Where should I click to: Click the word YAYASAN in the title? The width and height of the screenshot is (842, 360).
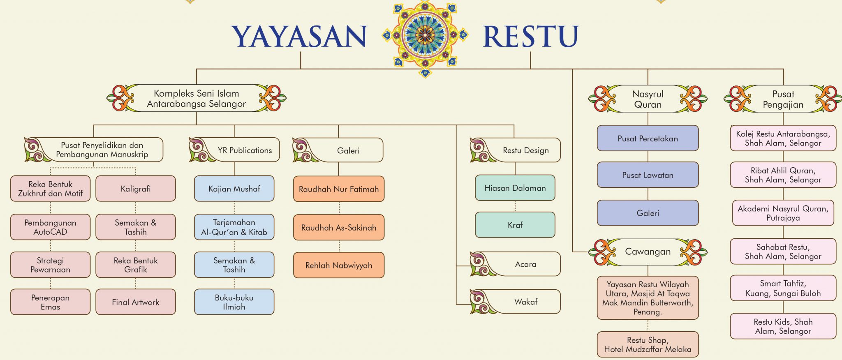pyautogui.click(x=299, y=37)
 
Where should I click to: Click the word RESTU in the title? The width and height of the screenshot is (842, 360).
pyautogui.click(x=530, y=36)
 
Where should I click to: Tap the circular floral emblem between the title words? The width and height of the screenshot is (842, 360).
pyautogui.click(x=425, y=35)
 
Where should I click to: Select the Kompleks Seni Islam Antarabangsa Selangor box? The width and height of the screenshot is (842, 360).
pyautogui.click(x=197, y=99)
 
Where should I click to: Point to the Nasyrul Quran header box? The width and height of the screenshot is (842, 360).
pyautogui.click(x=648, y=99)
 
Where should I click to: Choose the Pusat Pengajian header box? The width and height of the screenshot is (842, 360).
pyautogui.click(x=783, y=99)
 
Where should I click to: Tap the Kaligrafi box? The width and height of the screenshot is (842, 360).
pyautogui.click(x=136, y=189)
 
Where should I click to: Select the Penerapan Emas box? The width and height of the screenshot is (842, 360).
pyautogui.click(x=50, y=302)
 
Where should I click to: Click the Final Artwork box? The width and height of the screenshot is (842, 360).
pyautogui.click(x=136, y=302)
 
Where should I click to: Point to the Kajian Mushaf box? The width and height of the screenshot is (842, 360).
pyautogui.click(x=234, y=189)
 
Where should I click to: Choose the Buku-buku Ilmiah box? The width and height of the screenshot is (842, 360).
pyautogui.click(x=234, y=302)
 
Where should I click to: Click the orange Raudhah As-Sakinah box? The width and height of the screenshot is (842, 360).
pyautogui.click(x=339, y=227)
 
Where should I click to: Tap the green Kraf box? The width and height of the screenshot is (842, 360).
pyautogui.click(x=515, y=225)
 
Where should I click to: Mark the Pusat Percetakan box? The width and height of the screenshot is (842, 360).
pyautogui.click(x=648, y=138)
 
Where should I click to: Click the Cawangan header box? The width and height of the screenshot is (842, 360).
pyautogui.click(x=648, y=252)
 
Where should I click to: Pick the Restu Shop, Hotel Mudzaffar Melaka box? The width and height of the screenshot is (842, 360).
pyautogui.click(x=648, y=344)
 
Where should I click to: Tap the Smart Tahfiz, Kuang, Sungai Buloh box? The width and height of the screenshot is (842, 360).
pyautogui.click(x=783, y=288)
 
